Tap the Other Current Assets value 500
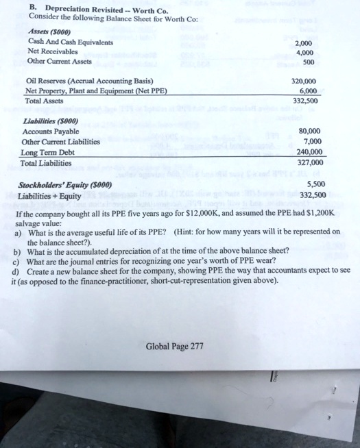coord(309,62)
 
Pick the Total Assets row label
coord(44,101)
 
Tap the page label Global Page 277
coord(175,346)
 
